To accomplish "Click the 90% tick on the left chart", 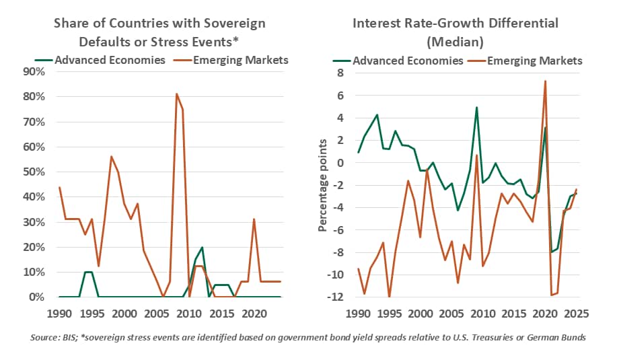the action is [34, 72].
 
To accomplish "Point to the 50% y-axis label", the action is [34, 172].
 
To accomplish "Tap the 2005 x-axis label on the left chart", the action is [157, 314].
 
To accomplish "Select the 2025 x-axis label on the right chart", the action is [576, 314].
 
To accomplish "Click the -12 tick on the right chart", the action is [335, 297].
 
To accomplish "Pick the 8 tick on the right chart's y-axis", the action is [340, 73].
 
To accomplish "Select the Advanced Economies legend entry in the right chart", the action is [398, 61].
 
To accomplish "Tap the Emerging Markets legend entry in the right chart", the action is [525, 61].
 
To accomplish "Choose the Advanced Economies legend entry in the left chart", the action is [100, 60].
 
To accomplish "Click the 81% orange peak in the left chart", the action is [176, 94].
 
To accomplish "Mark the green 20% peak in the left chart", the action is [202, 247].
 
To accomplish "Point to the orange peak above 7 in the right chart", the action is [545, 81].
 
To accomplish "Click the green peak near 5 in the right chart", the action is [476, 107].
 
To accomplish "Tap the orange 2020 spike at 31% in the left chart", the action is [254, 219].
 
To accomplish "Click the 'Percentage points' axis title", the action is [322, 185].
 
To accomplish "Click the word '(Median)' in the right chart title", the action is [456, 42].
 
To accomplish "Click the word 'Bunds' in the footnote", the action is [575, 338].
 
